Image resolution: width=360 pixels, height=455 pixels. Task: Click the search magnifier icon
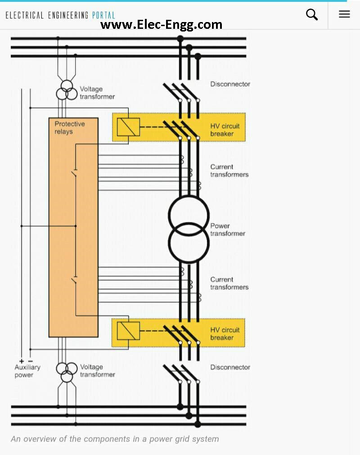coord(312,14)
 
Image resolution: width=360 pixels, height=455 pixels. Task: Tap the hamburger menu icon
coord(344,14)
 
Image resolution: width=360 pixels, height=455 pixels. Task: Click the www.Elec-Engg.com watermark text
coord(161,24)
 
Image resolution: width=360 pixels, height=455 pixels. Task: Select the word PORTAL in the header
coord(103,15)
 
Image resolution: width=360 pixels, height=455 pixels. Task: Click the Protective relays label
coord(70,128)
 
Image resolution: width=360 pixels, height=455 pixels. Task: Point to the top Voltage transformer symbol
coord(67,90)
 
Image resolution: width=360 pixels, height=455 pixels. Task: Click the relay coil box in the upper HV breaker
coord(128,127)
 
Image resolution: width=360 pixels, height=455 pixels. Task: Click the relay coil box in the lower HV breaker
coord(128,331)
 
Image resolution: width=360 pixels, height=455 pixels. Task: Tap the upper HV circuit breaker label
coord(225,130)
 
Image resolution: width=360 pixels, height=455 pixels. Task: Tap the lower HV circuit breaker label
coord(225,333)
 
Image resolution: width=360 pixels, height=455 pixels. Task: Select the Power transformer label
coord(227,230)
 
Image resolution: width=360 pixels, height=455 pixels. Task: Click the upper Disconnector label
coord(230,84)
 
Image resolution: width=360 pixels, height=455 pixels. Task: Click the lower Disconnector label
coord(230,367)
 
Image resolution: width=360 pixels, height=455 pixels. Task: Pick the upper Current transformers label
coord(229,171)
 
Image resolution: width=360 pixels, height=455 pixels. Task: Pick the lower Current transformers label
coord(229,283)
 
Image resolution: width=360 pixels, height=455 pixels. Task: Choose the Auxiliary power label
coord(27,371)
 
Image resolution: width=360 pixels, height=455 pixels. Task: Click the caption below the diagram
coord(115,439)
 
